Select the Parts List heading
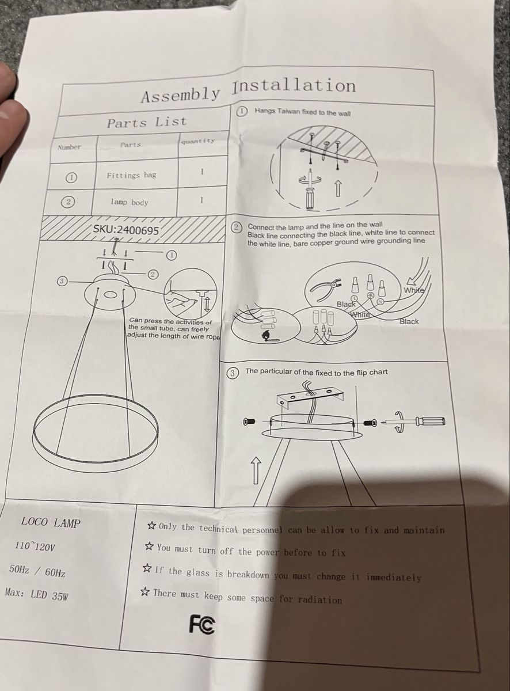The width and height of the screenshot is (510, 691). [147, 122]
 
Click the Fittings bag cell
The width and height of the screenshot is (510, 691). [132, 176]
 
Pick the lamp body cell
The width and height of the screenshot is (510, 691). [129, 202]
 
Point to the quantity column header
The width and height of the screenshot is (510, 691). [198, 141]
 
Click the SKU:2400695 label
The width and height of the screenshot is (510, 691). [126, 230]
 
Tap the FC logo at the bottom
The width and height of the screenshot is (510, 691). [201, 624]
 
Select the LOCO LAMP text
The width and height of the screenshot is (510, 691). [51, 523]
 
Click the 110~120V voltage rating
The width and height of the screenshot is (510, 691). [35, 547]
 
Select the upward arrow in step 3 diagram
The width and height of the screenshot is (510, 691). [256, 470]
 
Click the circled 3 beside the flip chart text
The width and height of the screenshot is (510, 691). [233, 373]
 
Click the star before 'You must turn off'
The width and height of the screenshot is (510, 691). [150, 547]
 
